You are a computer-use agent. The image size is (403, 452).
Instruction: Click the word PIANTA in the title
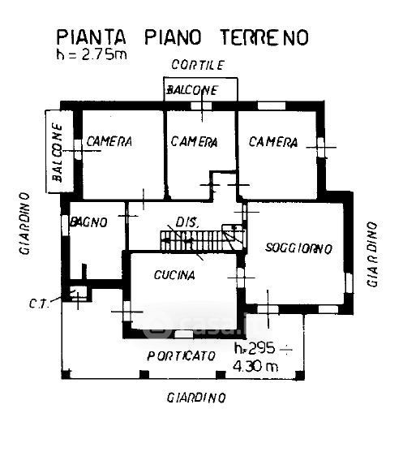click(x=92, y=37)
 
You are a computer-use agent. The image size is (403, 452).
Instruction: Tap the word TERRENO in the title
click(x=264, y=37)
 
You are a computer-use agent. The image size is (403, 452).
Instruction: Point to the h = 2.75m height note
click(x=92, y=54)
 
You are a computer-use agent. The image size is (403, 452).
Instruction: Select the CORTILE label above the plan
click(x=198, y=65)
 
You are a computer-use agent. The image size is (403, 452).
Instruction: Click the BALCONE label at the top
click(x=192, y=90)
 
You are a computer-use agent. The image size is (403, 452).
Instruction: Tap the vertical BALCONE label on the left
click(x=57, y=153)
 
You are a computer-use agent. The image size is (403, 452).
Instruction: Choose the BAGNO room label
click(x=89, y=222)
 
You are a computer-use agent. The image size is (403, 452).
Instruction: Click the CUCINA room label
click(x=174, y=275)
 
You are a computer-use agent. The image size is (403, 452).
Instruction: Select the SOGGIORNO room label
click(x=298, y=248)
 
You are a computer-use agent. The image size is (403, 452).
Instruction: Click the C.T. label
click(x=40, y=303)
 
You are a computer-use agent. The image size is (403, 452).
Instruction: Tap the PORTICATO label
click(x=181, y=356)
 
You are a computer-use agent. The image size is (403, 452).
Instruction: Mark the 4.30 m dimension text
click(x=255, y=366)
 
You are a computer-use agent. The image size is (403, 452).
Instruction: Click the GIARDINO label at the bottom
click(x=196, y=398)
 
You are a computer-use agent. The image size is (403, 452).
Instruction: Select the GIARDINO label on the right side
click(x=372, y=254)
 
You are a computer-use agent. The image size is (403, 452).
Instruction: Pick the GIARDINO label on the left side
click(x=24, y=224)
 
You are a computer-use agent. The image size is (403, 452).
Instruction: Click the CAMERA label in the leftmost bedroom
click(x=109, y=141)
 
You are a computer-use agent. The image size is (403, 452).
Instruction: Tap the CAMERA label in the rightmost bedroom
click(x=273, y=142)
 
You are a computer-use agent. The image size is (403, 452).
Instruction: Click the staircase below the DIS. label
click(x=203, y=240)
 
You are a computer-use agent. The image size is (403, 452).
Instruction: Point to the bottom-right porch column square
click(x=300, y=375)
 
